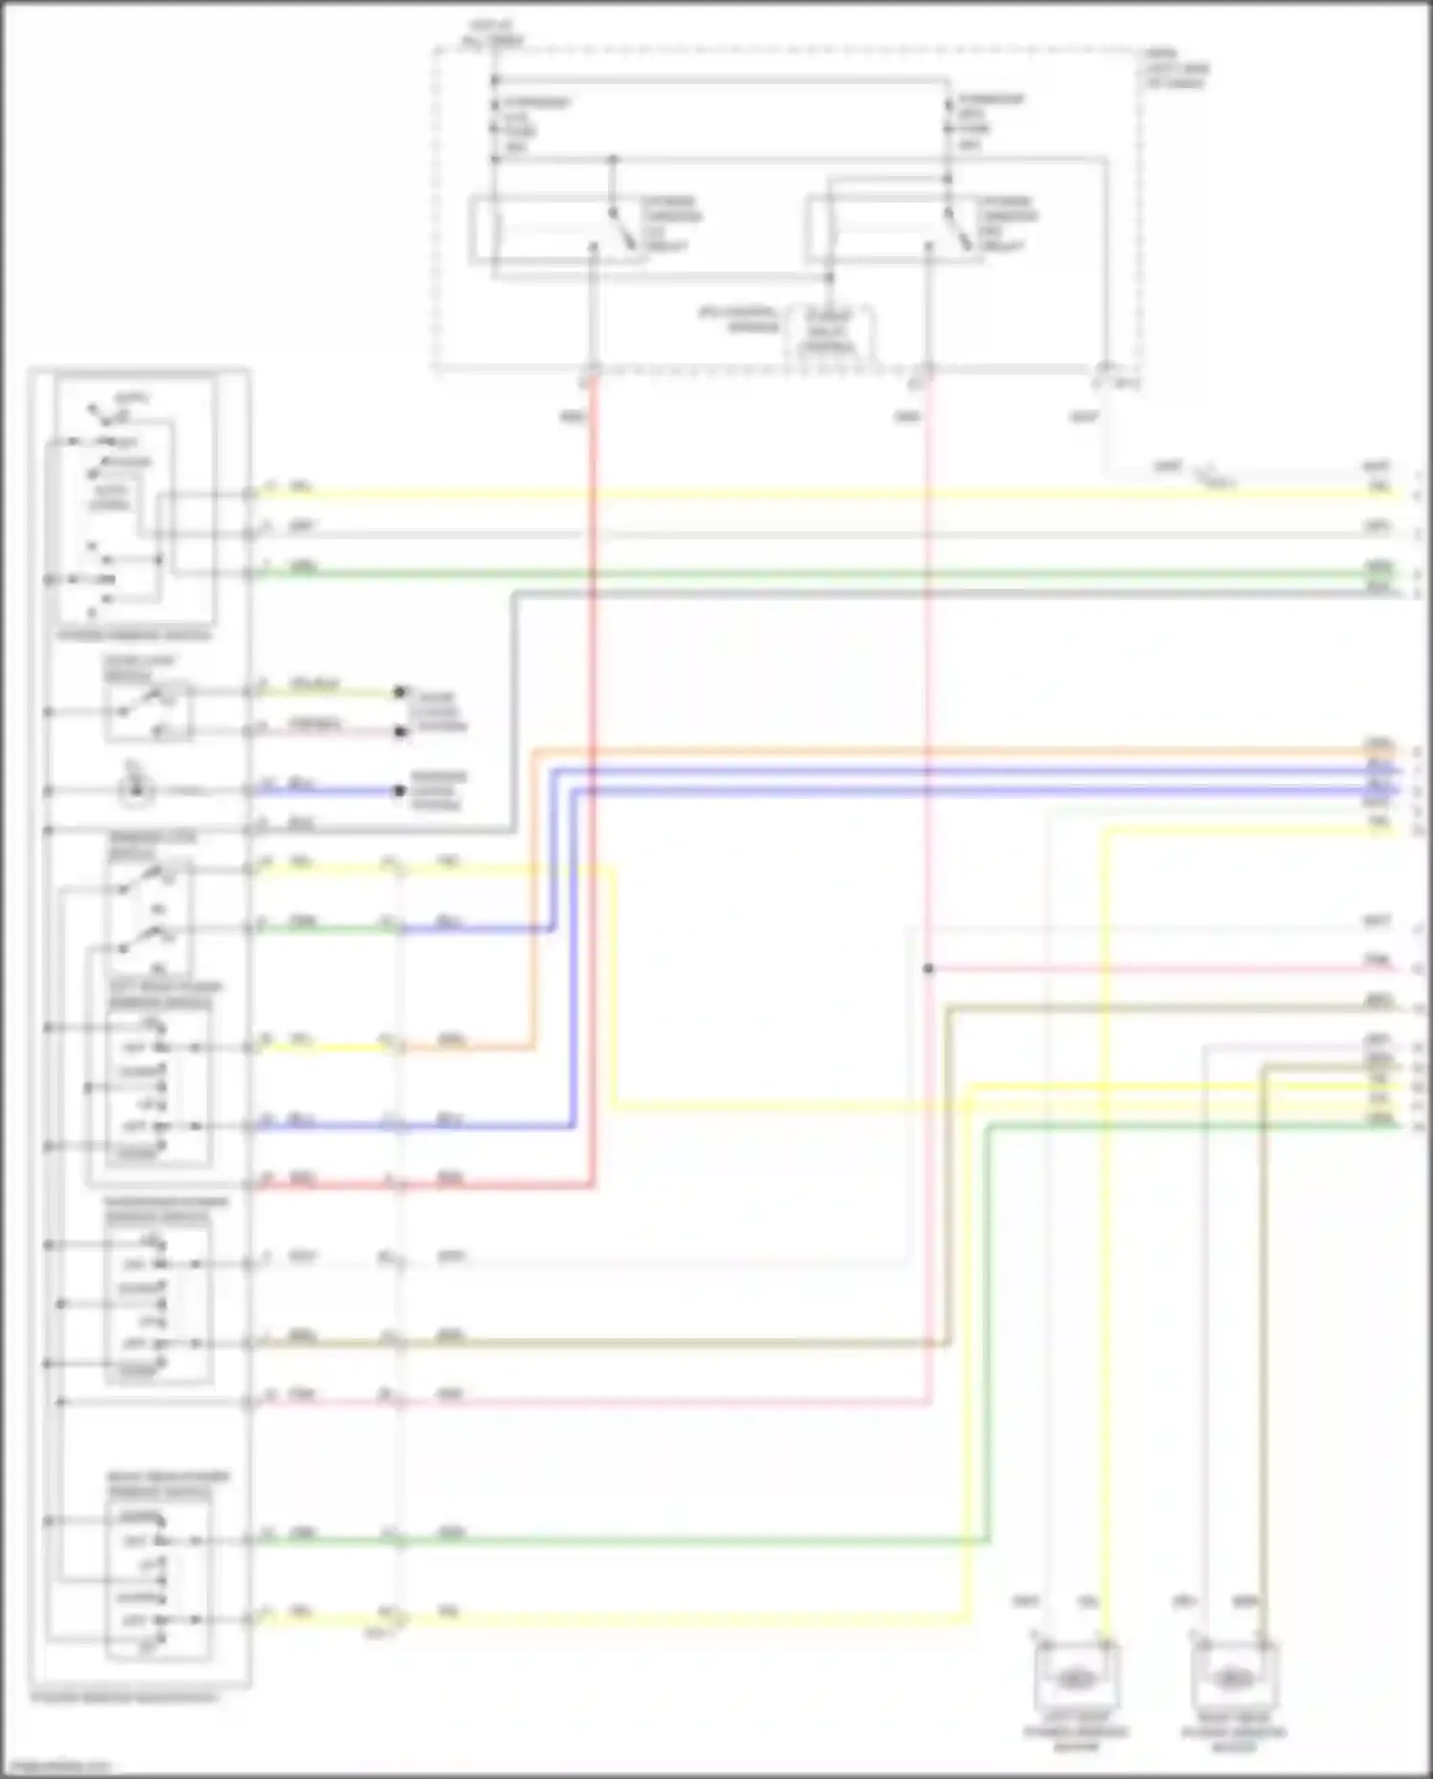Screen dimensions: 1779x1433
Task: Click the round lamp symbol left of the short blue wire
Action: pos(136,790)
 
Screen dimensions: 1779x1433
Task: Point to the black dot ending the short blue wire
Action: pos(401,791)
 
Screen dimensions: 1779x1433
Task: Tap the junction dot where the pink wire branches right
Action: pos(927,968)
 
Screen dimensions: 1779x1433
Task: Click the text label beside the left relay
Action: pos(671,224)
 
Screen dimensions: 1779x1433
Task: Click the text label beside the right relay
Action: pos(1007,224)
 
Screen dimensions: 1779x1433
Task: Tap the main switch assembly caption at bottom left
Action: pos(124,1698)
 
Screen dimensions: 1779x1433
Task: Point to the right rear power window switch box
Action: pos(158,1577)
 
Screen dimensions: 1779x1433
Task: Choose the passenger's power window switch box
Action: pos(158,1305)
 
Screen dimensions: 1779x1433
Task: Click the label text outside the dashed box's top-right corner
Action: pos(1177,69)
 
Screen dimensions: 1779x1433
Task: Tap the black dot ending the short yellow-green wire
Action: pos(401,691)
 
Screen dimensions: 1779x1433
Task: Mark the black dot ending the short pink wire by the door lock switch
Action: pos(401,731)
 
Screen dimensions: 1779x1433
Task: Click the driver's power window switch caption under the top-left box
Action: pos(134,634)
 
